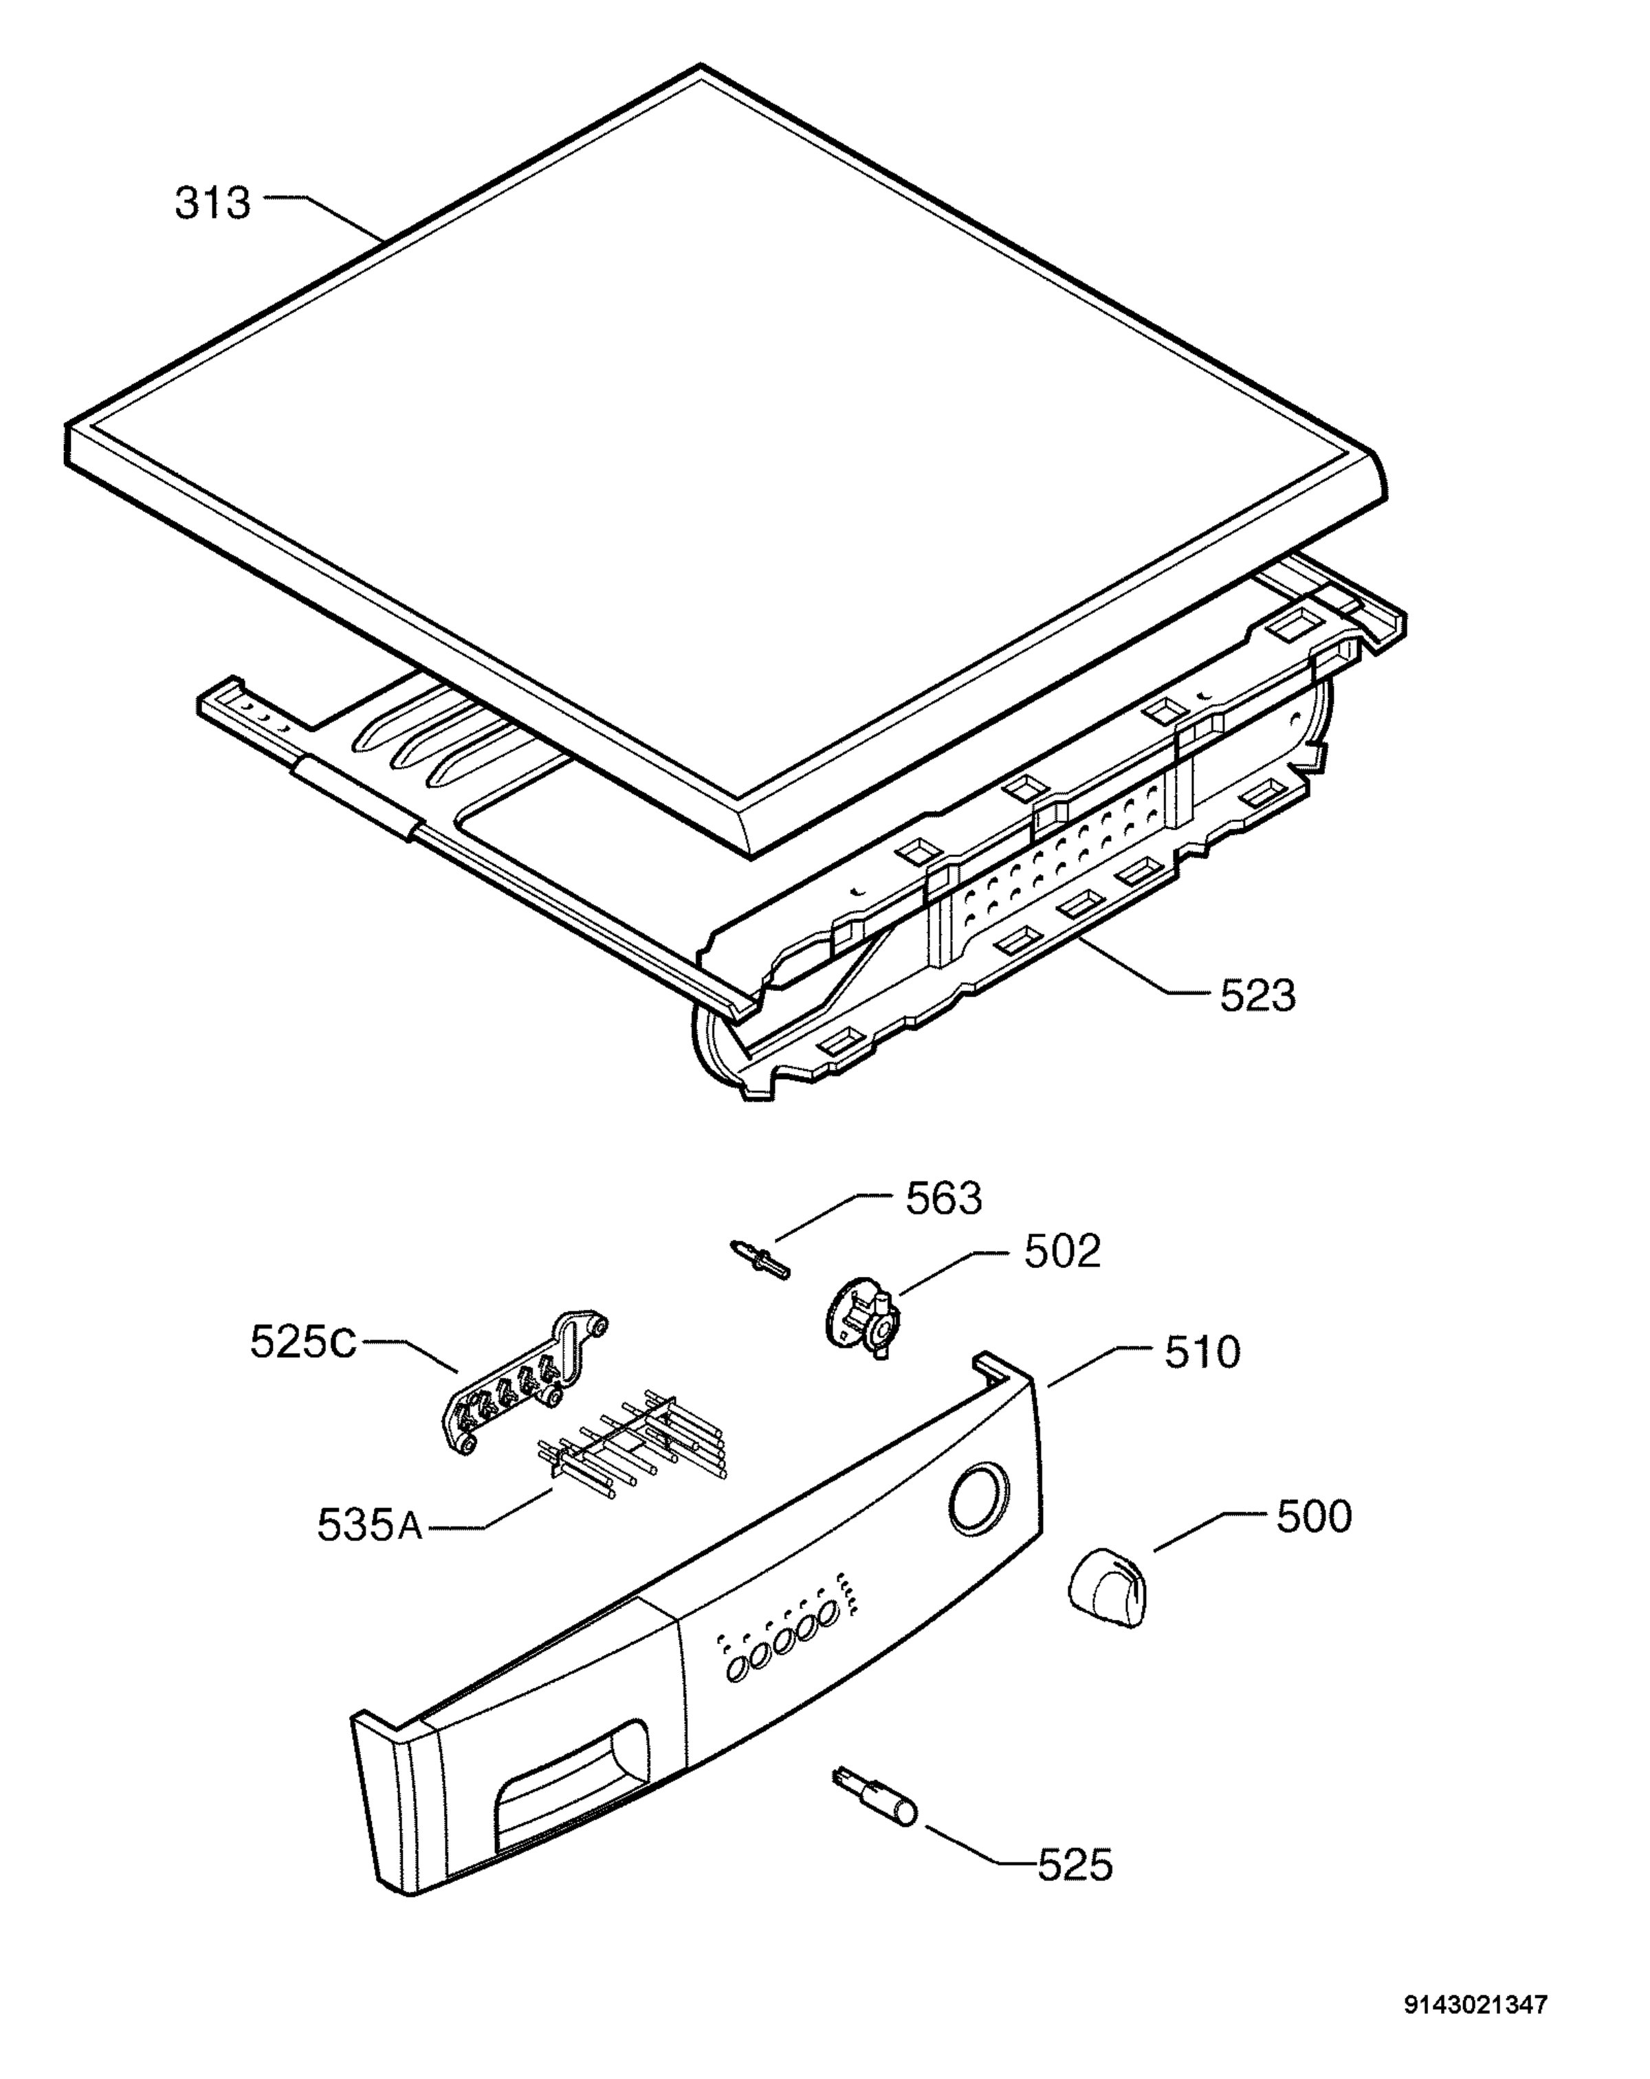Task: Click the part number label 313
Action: [212, 203]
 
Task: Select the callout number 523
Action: [1257, 995]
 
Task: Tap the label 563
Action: [943, 1199]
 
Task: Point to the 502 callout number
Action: [1061, 1252]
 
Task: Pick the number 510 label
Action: [1202, 1353]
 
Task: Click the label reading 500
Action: [1313, 1517]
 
